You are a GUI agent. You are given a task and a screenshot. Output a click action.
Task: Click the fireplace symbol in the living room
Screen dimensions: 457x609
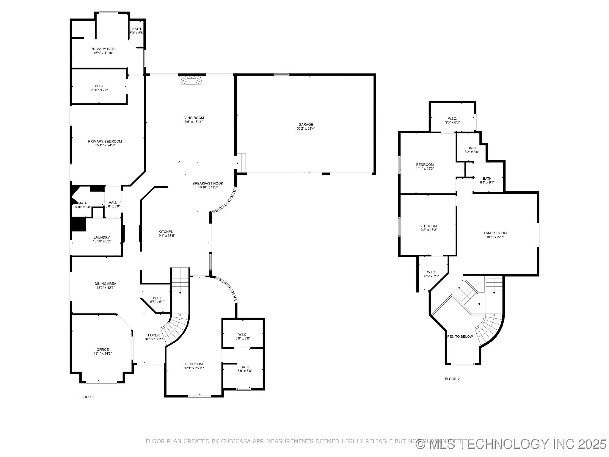coord(192,80)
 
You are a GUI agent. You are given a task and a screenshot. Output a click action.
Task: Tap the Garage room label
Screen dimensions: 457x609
coord(306,124)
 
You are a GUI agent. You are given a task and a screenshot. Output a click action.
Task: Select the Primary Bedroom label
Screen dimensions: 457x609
coord(105,141)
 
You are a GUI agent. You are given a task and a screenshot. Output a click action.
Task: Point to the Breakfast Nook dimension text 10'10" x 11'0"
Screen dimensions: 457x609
coord(208,187)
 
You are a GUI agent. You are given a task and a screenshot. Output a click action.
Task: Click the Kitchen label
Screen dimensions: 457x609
coord(166,231)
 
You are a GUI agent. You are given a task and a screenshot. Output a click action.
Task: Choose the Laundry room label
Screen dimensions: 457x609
coord(102,237)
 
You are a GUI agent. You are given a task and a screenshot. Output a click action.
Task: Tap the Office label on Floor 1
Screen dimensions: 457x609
coord(103,349)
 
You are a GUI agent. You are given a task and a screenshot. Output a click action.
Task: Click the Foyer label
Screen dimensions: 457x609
coord(154,335)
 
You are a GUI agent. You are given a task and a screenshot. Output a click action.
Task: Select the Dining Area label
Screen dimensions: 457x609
coord(105,284)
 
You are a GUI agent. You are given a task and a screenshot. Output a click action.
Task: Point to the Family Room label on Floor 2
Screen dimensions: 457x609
coord(495,233)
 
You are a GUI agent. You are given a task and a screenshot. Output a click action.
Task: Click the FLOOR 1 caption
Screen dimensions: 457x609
coord(87,397)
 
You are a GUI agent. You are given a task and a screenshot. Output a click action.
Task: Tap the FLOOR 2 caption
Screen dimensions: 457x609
coord(452,379)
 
